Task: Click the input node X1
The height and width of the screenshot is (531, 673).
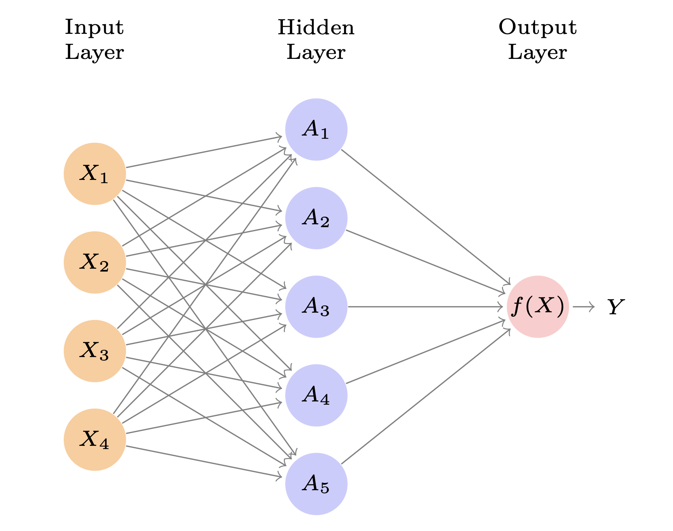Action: coord(95,174)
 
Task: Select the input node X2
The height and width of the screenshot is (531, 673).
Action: coord(95,262)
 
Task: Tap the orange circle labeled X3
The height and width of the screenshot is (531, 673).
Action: coord(95,351)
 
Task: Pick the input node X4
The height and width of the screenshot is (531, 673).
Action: coord(95,439)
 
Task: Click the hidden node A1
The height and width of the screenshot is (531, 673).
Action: coord(316,130)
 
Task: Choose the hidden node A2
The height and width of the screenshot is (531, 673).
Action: coord(316,218)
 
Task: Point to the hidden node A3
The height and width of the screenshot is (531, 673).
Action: coord(316,307)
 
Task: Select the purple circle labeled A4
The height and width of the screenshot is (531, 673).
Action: coord(316,395)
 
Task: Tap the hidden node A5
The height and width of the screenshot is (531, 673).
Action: coord(316,484)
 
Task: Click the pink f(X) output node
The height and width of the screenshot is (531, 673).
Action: coord(538,307)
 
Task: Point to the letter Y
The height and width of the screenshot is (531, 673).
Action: coord(616,307)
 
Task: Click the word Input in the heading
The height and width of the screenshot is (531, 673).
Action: coord(94,27)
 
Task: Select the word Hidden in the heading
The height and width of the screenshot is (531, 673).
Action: coord(316,27)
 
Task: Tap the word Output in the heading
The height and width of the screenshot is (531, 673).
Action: coord(537,27)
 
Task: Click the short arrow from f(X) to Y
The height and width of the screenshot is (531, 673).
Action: coord(583,307)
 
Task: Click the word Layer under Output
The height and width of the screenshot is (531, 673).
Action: coord(537,52)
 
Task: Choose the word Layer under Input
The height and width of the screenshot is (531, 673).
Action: coord(94,52)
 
